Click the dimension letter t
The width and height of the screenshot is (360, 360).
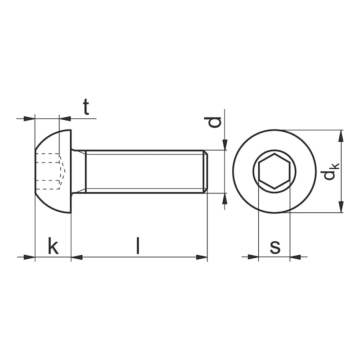86,108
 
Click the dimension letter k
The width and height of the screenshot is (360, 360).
53,247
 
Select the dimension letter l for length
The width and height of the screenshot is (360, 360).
138,246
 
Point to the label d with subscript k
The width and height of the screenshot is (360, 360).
331,171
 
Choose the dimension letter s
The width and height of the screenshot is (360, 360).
274,247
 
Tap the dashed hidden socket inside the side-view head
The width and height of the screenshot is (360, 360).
49,171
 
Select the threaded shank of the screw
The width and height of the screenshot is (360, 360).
144,171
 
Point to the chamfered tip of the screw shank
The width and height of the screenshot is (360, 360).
206,171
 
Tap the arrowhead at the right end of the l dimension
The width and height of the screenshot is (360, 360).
202,257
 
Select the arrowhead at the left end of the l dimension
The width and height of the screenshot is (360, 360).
77,257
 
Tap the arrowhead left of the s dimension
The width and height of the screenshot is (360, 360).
253,257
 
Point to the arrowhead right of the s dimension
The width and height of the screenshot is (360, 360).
295,257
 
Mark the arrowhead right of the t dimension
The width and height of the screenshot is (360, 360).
65,119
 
